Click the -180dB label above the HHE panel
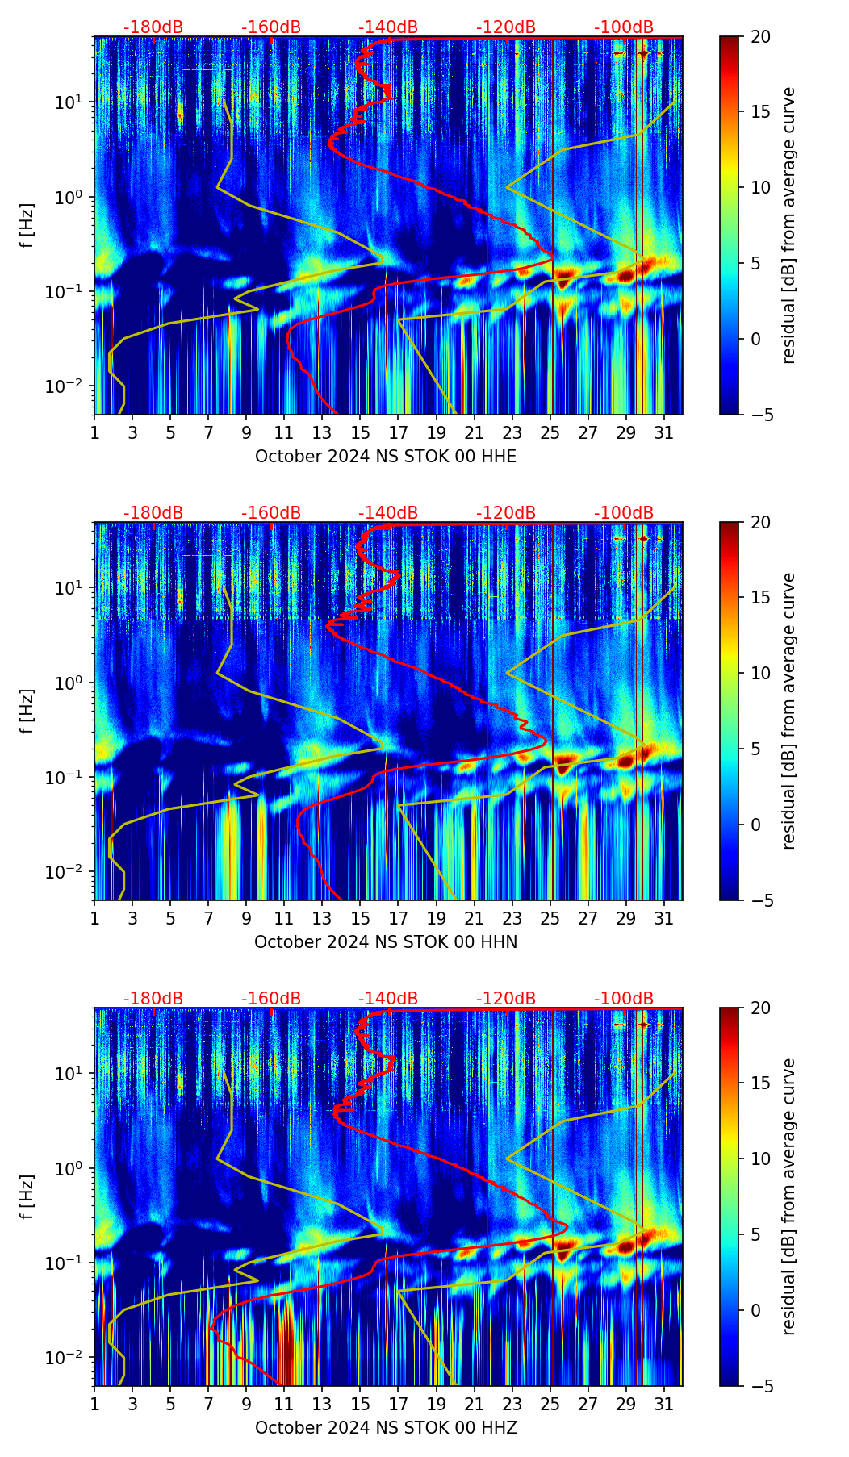tap(153, 27)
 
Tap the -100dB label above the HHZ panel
tap(624, 999)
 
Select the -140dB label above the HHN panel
tap(388, 513)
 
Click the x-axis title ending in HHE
tap(386, 457)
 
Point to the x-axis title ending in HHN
tap(386, 942)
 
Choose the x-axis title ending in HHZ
tap(386, 1428)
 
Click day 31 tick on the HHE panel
tap(664, 432)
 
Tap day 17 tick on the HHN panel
tap(399, 918)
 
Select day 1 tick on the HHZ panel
tap(95, 1404)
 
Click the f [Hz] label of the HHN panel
tap(27, 711)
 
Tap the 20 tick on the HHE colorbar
tap(760, 37)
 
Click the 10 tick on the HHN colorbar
tap(760, 673)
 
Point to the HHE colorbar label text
tap(788, 225)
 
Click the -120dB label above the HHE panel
tap(506, 27)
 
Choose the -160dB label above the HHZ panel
tap(271, 999)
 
